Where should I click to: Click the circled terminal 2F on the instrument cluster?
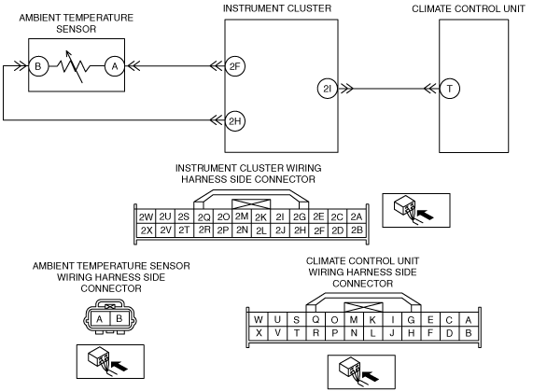click(x=235, y=66)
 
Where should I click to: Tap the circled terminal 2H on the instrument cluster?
click(x=235, y=120)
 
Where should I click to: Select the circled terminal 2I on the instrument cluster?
click(x=328, y=89)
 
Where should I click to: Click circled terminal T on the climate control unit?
click(x=450, y=89)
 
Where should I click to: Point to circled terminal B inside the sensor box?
click(x=38, y=66)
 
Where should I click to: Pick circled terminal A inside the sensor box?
click(x=115, y=66)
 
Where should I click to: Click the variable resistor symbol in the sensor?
click(x=74, y=66)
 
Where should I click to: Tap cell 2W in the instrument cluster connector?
click(x=147, y=216)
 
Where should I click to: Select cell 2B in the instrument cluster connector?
click(x=357, y=230)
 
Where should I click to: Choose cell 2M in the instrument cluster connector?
click(x=242, y=216)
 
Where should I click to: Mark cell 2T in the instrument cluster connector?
click(x=184, y=230)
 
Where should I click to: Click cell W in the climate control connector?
click(x=259, y=320)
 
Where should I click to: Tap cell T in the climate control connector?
click(x=297, y=333)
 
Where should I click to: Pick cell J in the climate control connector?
click(x=392, y=333)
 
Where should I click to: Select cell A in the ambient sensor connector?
click(x=100, y=318)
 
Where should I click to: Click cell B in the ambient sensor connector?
click(x=119, y=318)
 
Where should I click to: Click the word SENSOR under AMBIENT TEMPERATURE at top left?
click(x=77, y=29)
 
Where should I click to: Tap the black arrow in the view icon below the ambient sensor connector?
click(x=120, y=366)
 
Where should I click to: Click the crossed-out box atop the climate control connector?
click(x=363, y=307)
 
